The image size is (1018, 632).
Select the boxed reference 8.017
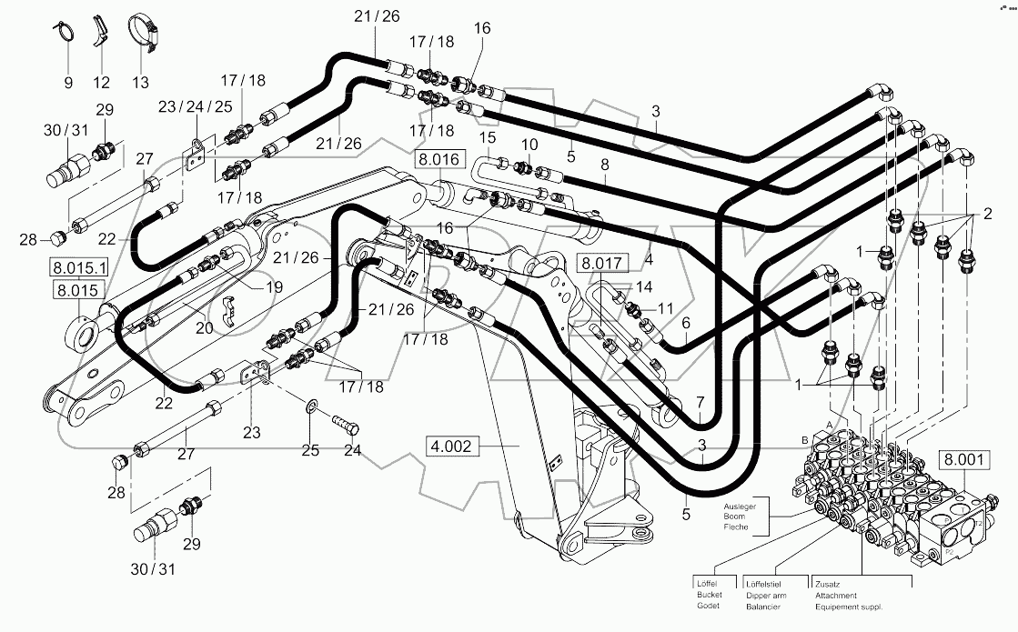pyautogui.click(x=603, y=265)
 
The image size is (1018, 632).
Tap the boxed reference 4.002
pyautogui.click(x=451, y=446)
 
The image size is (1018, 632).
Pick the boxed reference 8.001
pyautogui.click(x=963, y=460)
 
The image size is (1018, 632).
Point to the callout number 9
pyautogui.click(x=67, y=83)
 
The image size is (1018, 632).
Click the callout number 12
pyautogui.click(x=101, y=83)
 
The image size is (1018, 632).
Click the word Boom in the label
pyautogui.click(x=733, y=517)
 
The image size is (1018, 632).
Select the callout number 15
pyautogui.click(x=489, y=137)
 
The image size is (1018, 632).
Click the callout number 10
pyautogui.click(x=529, y=145)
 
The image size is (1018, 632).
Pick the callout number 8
pyautogui.click(x=604, y=165)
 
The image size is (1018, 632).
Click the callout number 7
pyautogui.click(x=700, y=401)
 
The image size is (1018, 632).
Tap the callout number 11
pyautogui.click(x=665, y=308)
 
